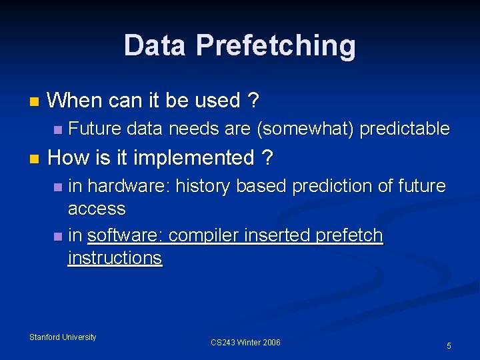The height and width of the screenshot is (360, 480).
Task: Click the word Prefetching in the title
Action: point(275,46)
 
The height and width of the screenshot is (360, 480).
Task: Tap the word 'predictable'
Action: point(405,129)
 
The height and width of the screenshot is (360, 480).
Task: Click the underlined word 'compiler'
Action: point(205,235)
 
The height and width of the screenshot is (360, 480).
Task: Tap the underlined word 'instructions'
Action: point(115,258)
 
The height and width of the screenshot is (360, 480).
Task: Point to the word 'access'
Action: point(97,209)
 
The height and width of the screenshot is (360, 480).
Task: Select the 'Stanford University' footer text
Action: point(63,337)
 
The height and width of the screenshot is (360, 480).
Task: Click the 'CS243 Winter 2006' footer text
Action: point(245,343)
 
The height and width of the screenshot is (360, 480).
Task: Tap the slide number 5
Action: point(449,346)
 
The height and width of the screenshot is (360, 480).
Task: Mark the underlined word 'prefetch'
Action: point(350,235)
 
